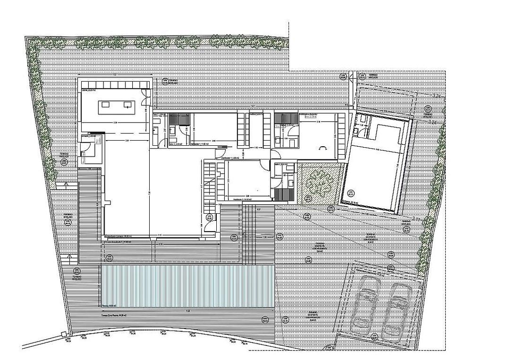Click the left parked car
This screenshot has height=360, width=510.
tap(365, 304)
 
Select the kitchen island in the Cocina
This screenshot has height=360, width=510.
tap(116, 105)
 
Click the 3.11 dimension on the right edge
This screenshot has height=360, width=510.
tap(416, 218)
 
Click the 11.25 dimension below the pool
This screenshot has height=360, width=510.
tap(187, 311)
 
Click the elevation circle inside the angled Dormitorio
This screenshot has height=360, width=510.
tap(351, 193)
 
